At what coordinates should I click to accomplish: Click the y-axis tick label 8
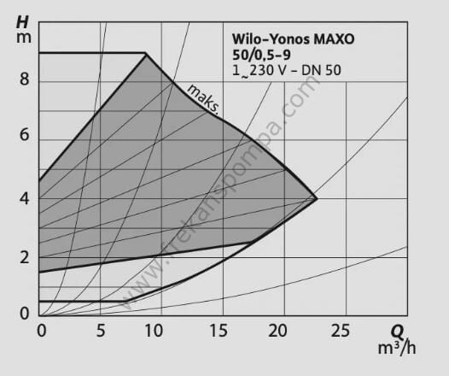[x=24, y=82]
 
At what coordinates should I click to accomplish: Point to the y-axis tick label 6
[x=24, y=136]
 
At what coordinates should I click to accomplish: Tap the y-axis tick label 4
[x=24, y=198]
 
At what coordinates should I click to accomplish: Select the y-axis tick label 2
[x=24, y=257]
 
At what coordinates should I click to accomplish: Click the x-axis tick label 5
[x=101, y=330]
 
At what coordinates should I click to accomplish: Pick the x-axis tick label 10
[x=160, y=330]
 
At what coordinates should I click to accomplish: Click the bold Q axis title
[x=398, y=331]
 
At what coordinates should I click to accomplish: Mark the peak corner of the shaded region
[x=146, y=54]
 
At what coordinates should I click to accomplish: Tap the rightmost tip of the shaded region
[x=317, y=198]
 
